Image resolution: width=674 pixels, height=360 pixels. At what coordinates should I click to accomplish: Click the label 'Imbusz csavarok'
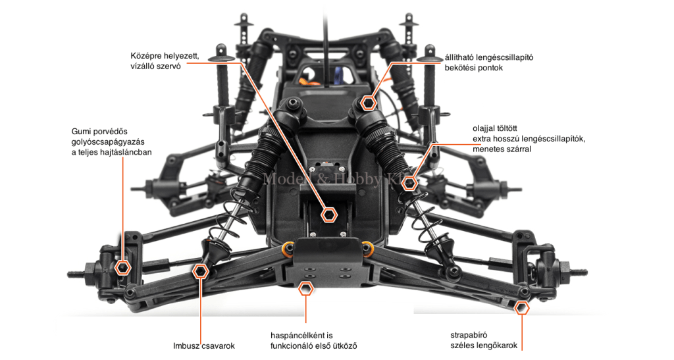(203, 346)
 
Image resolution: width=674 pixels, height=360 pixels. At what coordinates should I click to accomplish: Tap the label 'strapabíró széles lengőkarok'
(483, 340)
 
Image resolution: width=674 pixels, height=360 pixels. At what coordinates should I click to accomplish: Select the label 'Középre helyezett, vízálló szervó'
(165, 61)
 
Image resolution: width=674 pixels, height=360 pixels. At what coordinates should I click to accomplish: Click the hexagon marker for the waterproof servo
(330, 214)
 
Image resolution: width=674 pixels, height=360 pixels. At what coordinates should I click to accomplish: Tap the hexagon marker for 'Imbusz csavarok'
(201, 270)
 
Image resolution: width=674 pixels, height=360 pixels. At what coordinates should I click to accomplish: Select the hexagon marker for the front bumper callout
(305, 288)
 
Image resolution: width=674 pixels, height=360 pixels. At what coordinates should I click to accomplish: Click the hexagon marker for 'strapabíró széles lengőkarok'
(522, 307)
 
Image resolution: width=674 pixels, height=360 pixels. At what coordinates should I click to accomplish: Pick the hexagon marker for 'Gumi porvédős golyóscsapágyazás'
(122, 267)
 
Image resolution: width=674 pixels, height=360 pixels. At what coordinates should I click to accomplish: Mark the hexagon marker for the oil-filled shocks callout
(410, 183)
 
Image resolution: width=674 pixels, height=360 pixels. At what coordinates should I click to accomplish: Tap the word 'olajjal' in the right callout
(486, 128)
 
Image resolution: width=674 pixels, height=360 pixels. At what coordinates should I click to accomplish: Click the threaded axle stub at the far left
(74, 273)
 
